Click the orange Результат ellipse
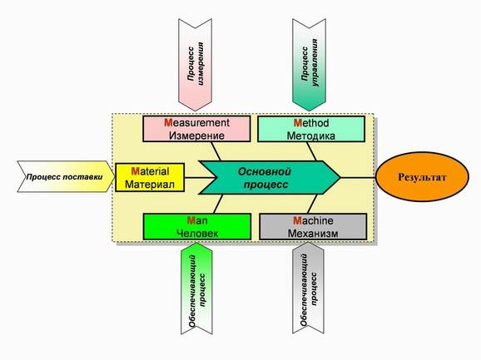click(423, 177)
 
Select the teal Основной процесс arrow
click(270, 177)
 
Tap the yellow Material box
click(150, 177)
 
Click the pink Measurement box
click(196, 129)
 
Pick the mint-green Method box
click(311, 129)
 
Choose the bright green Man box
click(197, 227)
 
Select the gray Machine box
click(313, 227)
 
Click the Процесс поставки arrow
click(66, 177)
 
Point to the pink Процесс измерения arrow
click(195, 64)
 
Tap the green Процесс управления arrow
click(310, 64)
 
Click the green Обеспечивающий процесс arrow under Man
click(196, 288)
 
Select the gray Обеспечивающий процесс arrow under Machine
click(308, 288)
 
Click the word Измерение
click(196, 136)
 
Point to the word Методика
click(310, 136)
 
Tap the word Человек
click(197, 234)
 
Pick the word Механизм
click(313, 234)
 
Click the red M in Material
click(136, 171)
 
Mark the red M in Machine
click(298, 220)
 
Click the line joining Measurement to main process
click(216, 151)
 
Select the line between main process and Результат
click(359, 177)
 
